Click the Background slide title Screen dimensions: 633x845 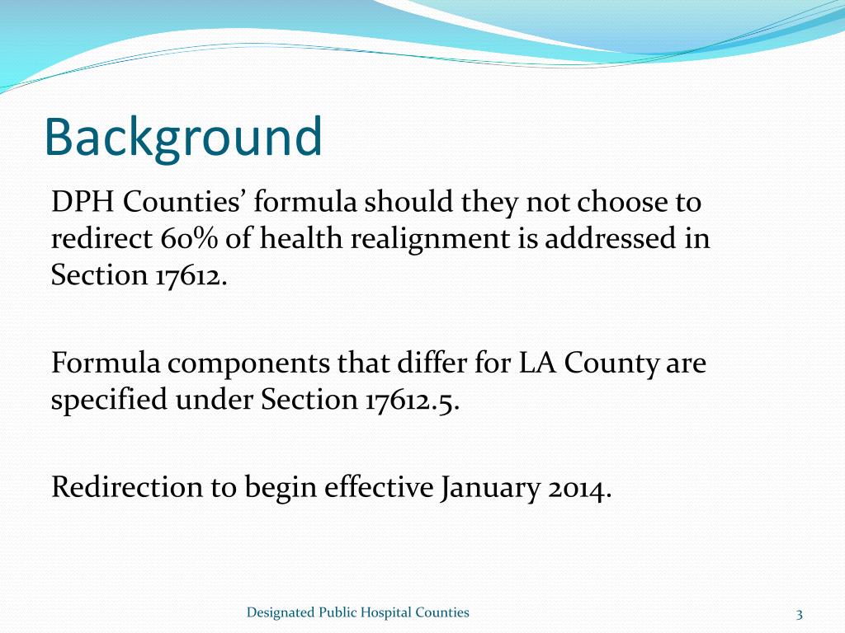click(x=182, y=138)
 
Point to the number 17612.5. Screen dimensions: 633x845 click(x=410, y=400)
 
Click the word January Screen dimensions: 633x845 click(x=490, y=488)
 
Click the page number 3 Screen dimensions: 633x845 click(x=800, y=613)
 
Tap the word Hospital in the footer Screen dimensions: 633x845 click(x=383, y=612)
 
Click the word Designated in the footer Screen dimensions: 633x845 click(x=281, y=612)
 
